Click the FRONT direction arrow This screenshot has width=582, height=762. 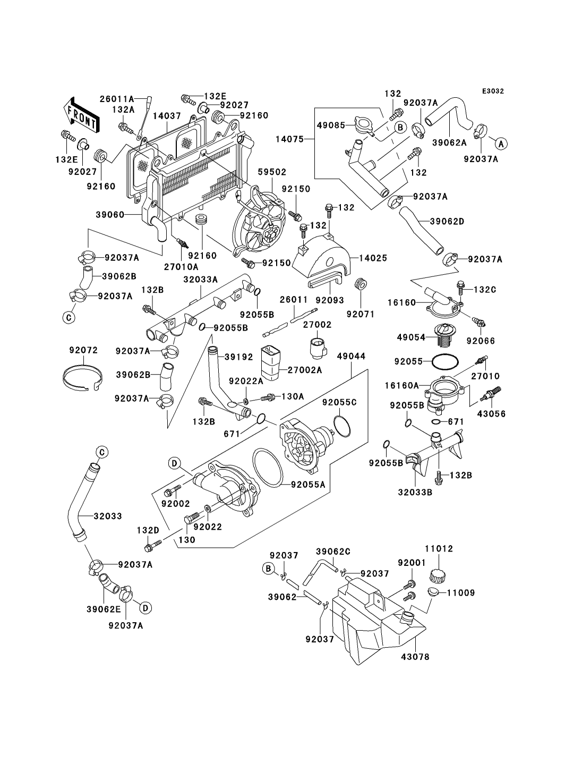[x=81, y=115]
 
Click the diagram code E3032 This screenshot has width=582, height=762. [x=493, y=91]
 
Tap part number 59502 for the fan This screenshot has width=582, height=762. [x=272, y=172]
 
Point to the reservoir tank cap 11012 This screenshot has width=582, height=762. [x=438, y=573]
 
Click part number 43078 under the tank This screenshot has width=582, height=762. [x=415, y=657]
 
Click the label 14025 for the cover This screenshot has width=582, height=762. [x=372, y=258]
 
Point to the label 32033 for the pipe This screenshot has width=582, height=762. [x=108, y=515]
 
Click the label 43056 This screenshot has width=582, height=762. [x=492, y=413]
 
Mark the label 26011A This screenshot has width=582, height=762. [x=116, y=98]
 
